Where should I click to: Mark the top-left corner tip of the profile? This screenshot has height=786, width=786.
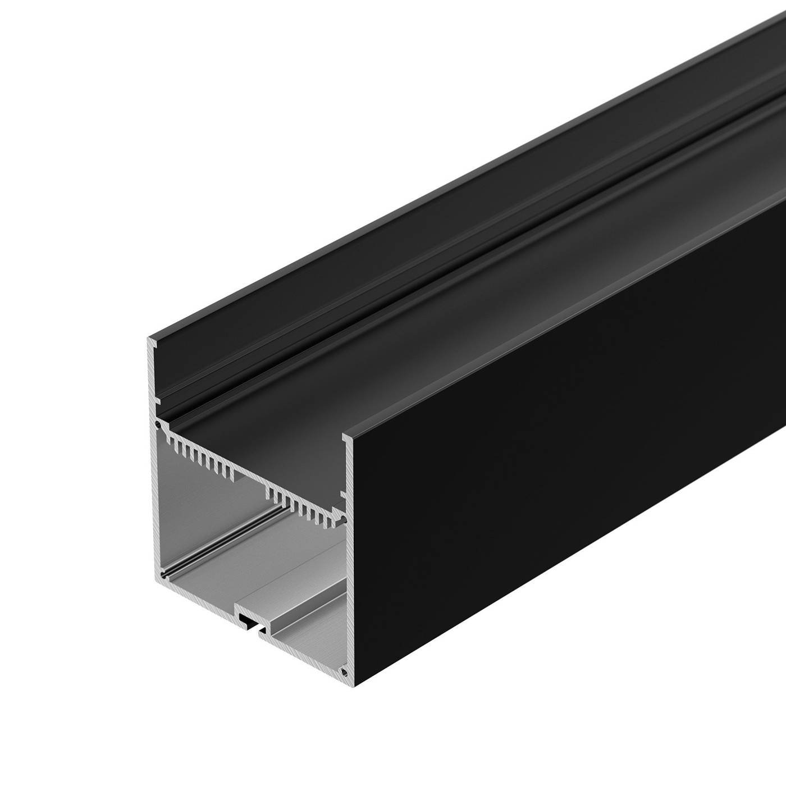click(149, 339)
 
